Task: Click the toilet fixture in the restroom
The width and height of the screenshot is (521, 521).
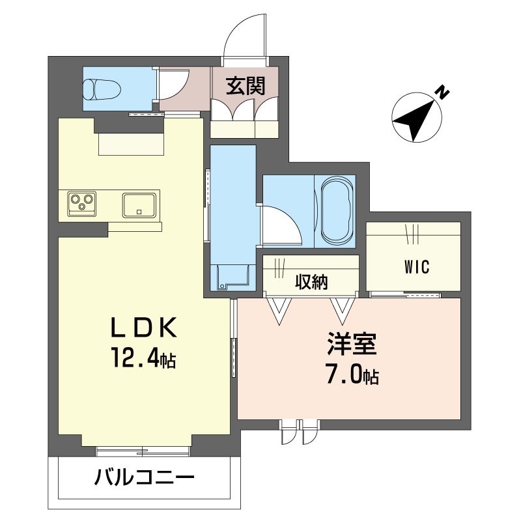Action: [x=102, y=89]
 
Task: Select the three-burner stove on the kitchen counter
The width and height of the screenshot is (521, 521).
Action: [x=82, y=203]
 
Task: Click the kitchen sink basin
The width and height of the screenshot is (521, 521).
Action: [x=139, y=205]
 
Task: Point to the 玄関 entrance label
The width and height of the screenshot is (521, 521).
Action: [x=246, y=86]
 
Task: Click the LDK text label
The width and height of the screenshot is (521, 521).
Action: [x=143, y=328]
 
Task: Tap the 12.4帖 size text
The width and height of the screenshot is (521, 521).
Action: [x=144, y=358]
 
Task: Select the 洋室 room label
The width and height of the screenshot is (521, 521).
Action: [x=352, y=344]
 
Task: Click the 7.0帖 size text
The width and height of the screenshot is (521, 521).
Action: [x=352, y=375]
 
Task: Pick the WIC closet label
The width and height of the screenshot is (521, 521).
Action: [x=417, y=266]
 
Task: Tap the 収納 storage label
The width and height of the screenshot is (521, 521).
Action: [x=311, y=282]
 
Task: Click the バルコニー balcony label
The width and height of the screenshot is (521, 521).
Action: [x=144, y=478]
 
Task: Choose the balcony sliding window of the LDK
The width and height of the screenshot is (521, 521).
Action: [x=143, y=451]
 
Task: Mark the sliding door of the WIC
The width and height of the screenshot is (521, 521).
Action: [x=405, y=294]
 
